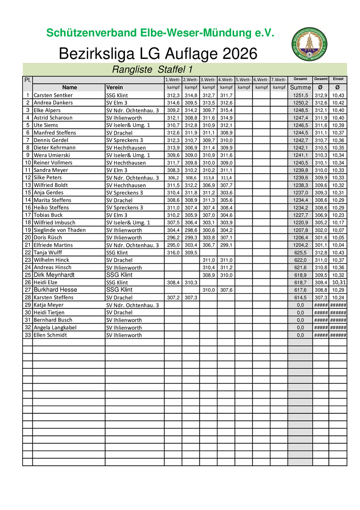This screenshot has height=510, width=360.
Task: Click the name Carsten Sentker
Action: pyautogui.click(x=53, y=95)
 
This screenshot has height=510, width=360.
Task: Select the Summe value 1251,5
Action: pyautogui.click(x=300, y=95)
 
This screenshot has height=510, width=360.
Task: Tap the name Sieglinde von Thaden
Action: pyautogui.click(x=59, y=230)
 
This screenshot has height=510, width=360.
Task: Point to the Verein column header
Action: pyautogui.click(x=115, y=87)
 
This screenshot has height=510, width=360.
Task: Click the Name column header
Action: pyautogui.click(x=69, y=87)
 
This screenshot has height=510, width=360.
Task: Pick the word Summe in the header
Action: pyautogui.click(x=300, y=87)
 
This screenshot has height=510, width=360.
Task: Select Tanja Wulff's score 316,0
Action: pyautogui.click(x=173, y=253)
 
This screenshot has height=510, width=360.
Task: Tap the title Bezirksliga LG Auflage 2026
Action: pyautogui.click(x=158, y=54)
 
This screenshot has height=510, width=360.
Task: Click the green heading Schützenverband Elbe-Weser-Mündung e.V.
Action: pyautogui.click(x=160, y=33)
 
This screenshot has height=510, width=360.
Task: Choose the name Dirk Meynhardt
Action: pyautogui.click(x=54, y=275)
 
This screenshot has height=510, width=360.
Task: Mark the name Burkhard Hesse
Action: pyautogui.click(x=55, y=290)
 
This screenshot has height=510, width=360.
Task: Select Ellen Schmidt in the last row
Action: pyautogui.click(x=50, y=335)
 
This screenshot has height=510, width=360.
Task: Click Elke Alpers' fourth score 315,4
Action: pyautogui.click(x=226, y=110)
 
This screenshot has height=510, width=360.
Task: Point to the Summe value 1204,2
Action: pyautogui.click(x=300, y=245)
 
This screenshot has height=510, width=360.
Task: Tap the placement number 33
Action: pyautogui.click(x=27, y=335)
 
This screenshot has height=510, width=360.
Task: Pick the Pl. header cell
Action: pyautogui.click(x=27, y=79)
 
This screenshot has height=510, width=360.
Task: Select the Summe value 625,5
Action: pyautogui.click(x=300, y=253)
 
